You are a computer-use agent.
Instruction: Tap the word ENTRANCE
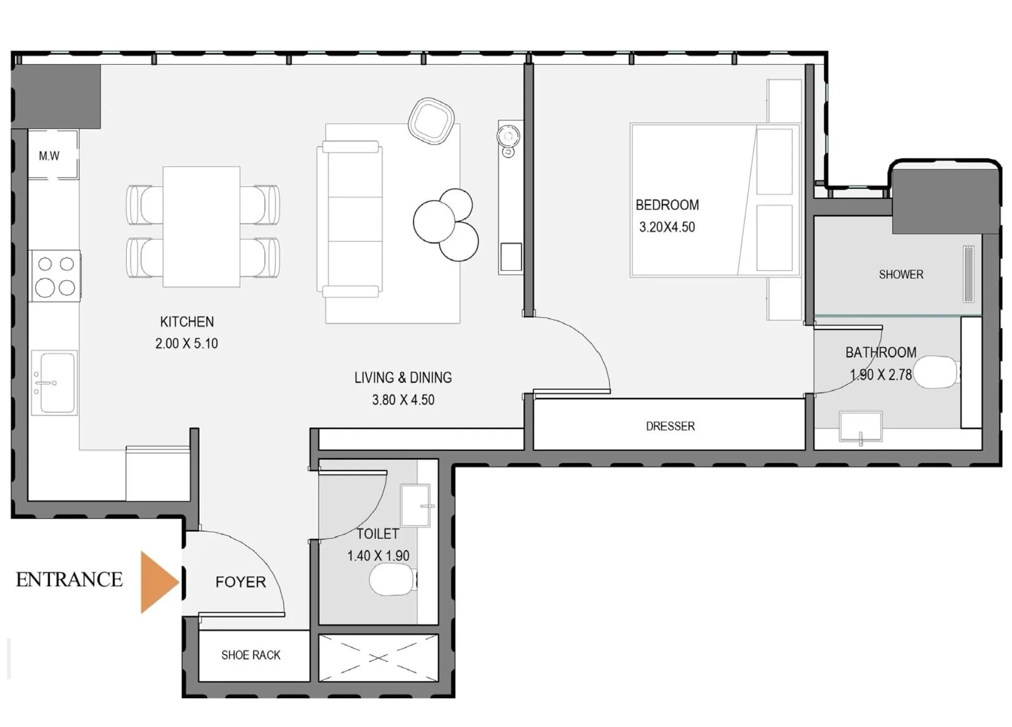click(69, 580)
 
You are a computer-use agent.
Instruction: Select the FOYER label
click(241, 582)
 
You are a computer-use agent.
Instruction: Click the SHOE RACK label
click(251, 655)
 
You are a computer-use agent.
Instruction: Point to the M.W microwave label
click(49, 156)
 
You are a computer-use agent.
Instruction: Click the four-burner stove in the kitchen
click(56, 276)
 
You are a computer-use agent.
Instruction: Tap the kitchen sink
click(54, 383)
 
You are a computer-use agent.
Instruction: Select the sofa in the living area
click(350, 219)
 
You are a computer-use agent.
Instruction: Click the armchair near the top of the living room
click(431, 121)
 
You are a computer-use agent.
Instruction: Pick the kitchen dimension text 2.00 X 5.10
click(186, 344)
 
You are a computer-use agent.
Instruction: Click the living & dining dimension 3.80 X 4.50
click(403, 400)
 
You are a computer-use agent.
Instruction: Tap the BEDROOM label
click(667, 205)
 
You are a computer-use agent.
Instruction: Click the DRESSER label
click(670, 426)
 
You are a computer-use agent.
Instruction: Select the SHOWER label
click(901, 275)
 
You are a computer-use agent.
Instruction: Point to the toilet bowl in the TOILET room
click(392, 580)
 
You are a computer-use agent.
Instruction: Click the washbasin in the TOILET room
click(416, 506)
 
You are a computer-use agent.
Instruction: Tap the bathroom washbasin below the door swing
click(861, 427)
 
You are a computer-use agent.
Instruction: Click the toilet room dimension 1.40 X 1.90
click(378, 556)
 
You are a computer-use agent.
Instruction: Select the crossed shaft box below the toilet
click(378, 658)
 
